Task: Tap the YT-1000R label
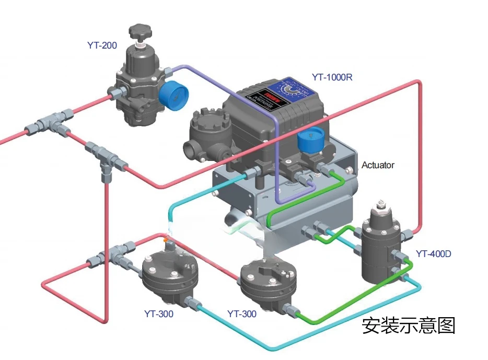point(332,77)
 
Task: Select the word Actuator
point(378,165)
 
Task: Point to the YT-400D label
point(433,254)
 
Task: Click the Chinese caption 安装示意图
point(409,326)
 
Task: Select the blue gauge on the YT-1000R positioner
point(309,142)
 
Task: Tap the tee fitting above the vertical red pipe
point(104,157)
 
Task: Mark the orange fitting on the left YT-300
point(166,240)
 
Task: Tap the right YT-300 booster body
point(268,282)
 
